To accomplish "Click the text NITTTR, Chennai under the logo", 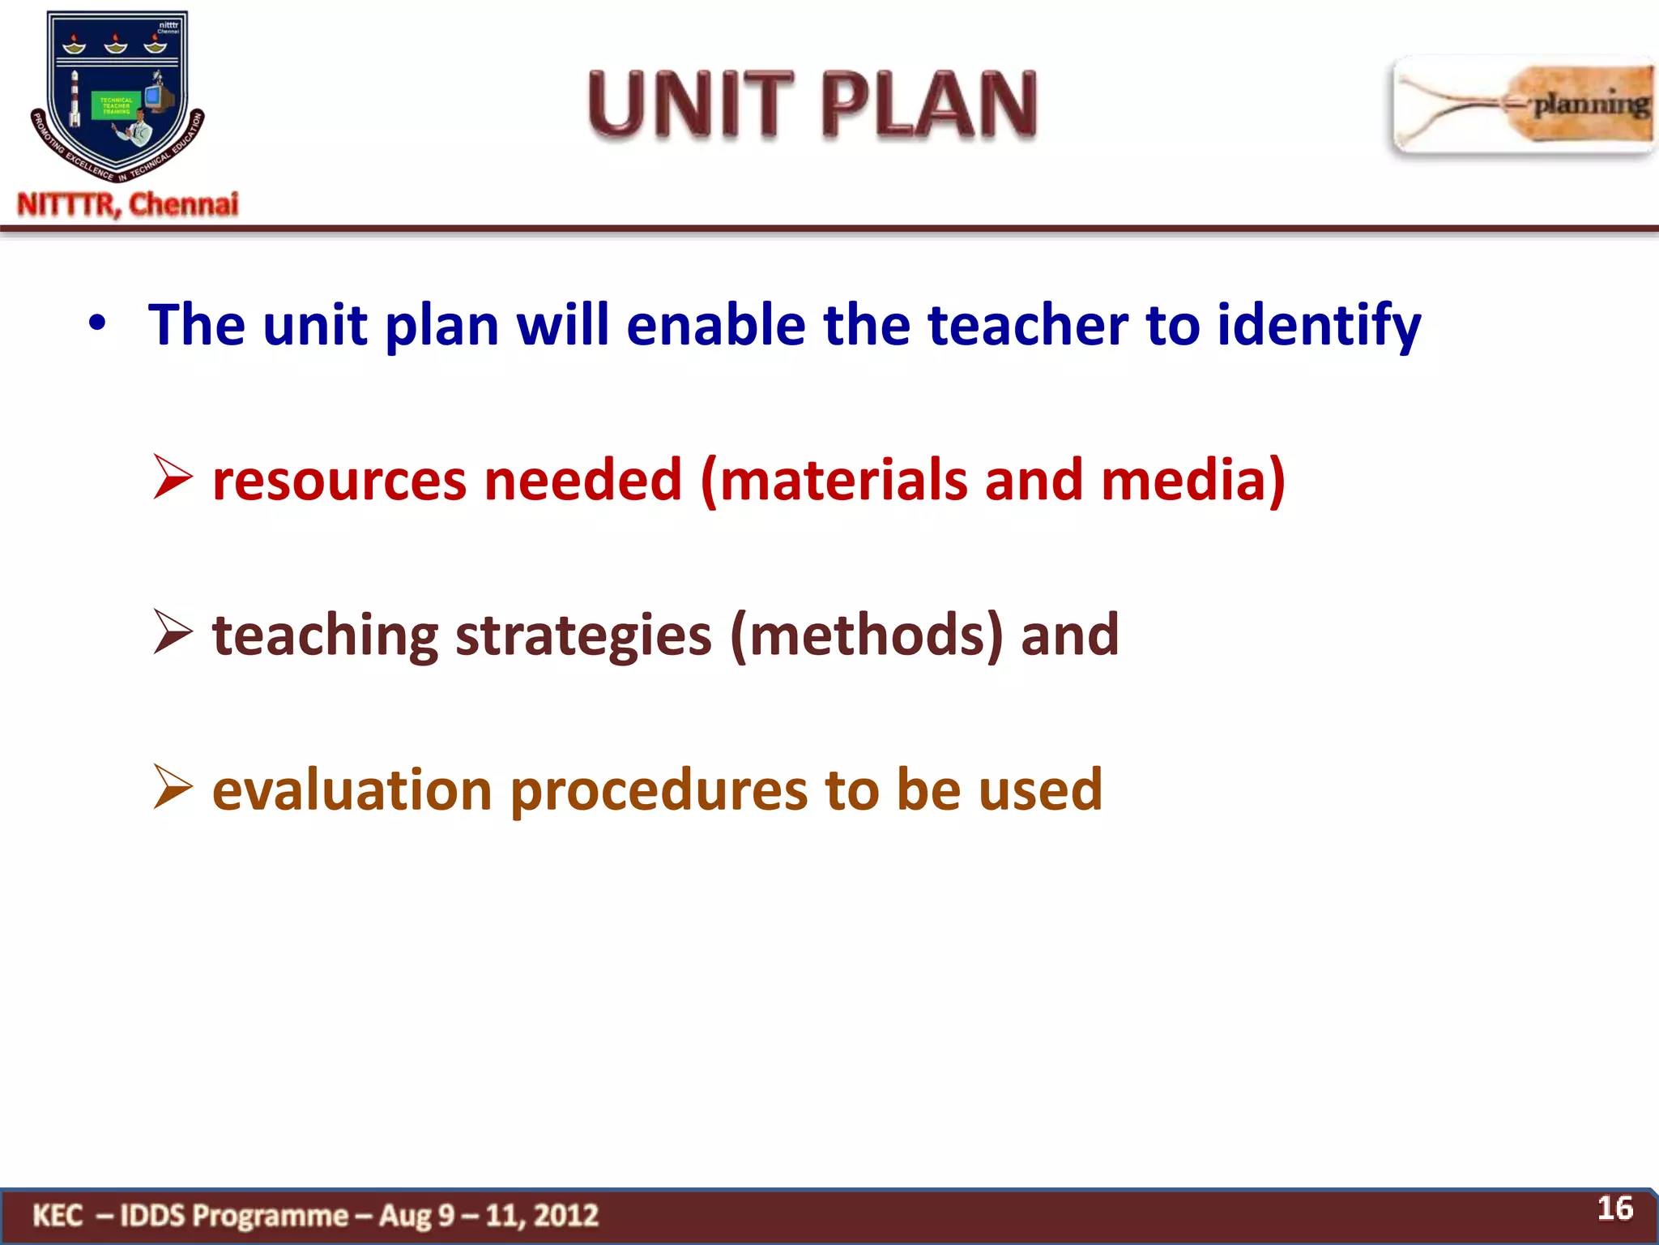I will pos(128,204).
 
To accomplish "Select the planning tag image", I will pos(1523,105).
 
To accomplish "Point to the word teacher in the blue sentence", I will pos(1027,324).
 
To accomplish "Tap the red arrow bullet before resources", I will pos(173,478).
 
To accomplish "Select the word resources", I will pos(339,480).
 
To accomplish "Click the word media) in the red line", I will pos(1192,480).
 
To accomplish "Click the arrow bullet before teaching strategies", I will pos(173,634).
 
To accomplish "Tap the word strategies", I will pos(583,635).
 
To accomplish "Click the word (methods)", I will pos(867,635).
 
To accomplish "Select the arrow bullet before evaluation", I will pos(173,789).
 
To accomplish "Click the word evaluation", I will pos(352,789).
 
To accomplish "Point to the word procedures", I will pos(659,791).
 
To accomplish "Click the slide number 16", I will pos(1614,1209).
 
